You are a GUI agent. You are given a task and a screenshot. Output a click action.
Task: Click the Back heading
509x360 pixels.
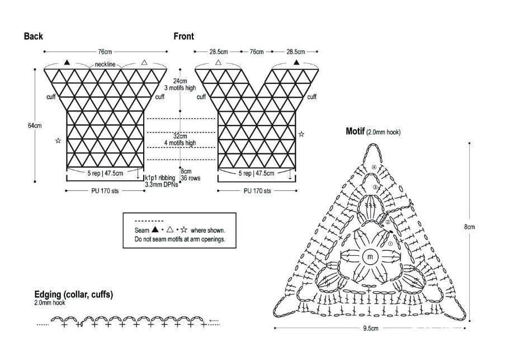(x=33, y=36)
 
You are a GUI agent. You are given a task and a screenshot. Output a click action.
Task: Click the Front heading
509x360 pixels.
(x=183, y=36)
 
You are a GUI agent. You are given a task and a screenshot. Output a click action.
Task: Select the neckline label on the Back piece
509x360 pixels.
(x=105, y=64)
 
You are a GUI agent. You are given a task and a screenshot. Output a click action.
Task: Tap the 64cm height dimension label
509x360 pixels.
(x=35, y=125)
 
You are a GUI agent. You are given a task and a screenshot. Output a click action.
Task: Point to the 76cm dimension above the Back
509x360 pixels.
(x=105, y=52)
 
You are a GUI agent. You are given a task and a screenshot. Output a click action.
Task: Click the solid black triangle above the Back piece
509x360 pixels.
(x=67, y=62)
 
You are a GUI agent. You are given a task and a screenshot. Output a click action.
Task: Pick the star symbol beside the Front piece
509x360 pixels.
(x=301, y=134)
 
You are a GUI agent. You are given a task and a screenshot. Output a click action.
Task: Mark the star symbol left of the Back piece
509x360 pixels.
(x=58, y=141)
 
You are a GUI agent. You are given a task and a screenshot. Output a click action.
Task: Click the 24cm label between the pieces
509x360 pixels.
(x=180, y=81)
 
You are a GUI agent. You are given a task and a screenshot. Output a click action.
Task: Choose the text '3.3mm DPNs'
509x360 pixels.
(x=161, y=184)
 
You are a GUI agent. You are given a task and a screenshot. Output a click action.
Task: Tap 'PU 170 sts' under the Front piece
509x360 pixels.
(x=257, y=191)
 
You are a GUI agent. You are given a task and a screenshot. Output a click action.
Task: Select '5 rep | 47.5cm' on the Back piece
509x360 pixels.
(x=105, y=173)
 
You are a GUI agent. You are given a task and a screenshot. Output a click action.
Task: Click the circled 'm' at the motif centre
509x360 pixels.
(x=370, y=257)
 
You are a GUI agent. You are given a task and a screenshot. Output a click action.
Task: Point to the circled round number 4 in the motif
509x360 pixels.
(x=374, y=167)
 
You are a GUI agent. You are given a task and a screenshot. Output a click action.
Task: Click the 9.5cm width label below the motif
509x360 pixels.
(x=370, y=328)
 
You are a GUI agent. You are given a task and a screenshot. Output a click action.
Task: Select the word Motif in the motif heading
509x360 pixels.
(x=355, y=131)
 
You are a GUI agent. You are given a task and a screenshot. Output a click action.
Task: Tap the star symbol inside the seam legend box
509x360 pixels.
(x=183, y=230)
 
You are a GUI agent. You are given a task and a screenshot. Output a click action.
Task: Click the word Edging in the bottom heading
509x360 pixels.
(x=48, y=294)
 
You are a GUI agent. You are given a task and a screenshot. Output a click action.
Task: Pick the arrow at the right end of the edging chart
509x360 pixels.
(x=214, y=321)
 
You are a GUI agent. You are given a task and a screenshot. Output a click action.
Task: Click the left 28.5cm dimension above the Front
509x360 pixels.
(x=219, y=52)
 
